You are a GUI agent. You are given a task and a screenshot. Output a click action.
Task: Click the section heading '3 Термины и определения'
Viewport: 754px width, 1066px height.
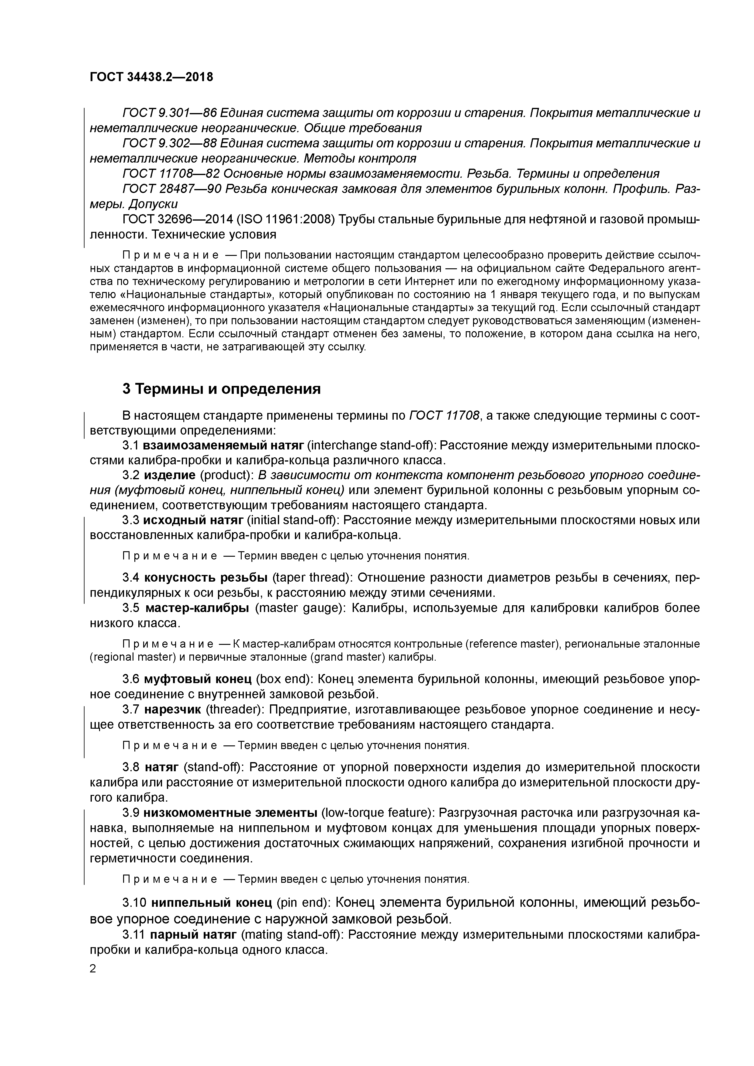pos(222,389)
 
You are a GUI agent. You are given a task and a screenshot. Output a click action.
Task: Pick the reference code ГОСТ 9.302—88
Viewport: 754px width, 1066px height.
pos(169,143)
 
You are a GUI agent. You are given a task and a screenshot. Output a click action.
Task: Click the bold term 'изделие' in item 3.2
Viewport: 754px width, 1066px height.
pos(170,476)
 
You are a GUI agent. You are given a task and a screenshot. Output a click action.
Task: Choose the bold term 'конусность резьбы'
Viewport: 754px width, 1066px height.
pos(206,578)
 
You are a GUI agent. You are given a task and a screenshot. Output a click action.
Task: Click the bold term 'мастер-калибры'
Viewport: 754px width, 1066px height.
pos(197,608)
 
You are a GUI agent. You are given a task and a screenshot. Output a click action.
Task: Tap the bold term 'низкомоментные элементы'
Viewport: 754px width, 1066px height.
pos(230,812)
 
